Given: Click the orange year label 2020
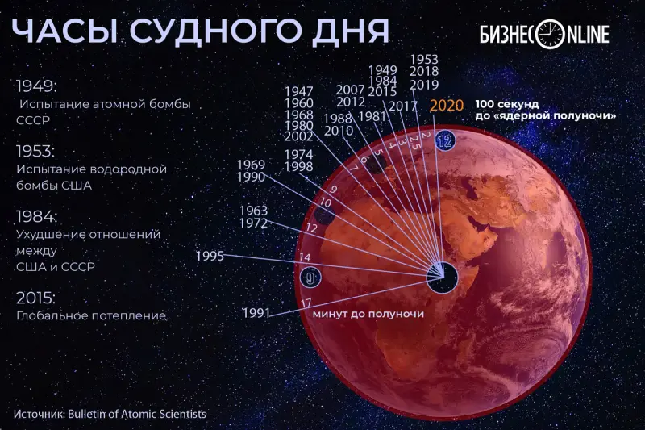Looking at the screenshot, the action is pos(447,106).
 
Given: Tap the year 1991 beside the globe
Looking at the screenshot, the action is pos(256,313).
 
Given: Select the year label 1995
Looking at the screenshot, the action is pos(210,256).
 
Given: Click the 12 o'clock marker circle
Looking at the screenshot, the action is pos(445,141).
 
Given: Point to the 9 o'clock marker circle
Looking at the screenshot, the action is pos(310,278).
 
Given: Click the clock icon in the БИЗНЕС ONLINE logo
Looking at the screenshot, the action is pos(551,34).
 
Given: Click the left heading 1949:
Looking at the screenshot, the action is pos(36,87).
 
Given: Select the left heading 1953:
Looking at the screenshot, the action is pos(35,152).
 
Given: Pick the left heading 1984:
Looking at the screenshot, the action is pos(36,216).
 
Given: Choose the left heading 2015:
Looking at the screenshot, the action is pos(35,298).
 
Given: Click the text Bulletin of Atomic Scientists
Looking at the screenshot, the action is pos(137,414).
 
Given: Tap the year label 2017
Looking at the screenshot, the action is pos(403,106).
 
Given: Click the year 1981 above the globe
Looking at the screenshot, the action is pos(372,117).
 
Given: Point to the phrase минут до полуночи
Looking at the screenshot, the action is pos(368,314).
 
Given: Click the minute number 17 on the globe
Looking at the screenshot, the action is pos(306,303).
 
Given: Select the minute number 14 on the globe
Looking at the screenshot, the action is pos(305,257).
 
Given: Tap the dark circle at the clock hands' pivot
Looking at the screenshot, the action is pos(442,277).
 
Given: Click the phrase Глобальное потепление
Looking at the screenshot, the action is pos(91,315).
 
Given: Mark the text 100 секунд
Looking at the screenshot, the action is pos(507,104).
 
